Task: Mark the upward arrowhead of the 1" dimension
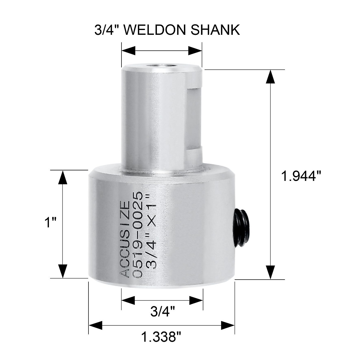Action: pos(62,177)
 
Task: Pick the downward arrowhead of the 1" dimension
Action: pos(62,271)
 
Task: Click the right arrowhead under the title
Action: pos(195,51)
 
